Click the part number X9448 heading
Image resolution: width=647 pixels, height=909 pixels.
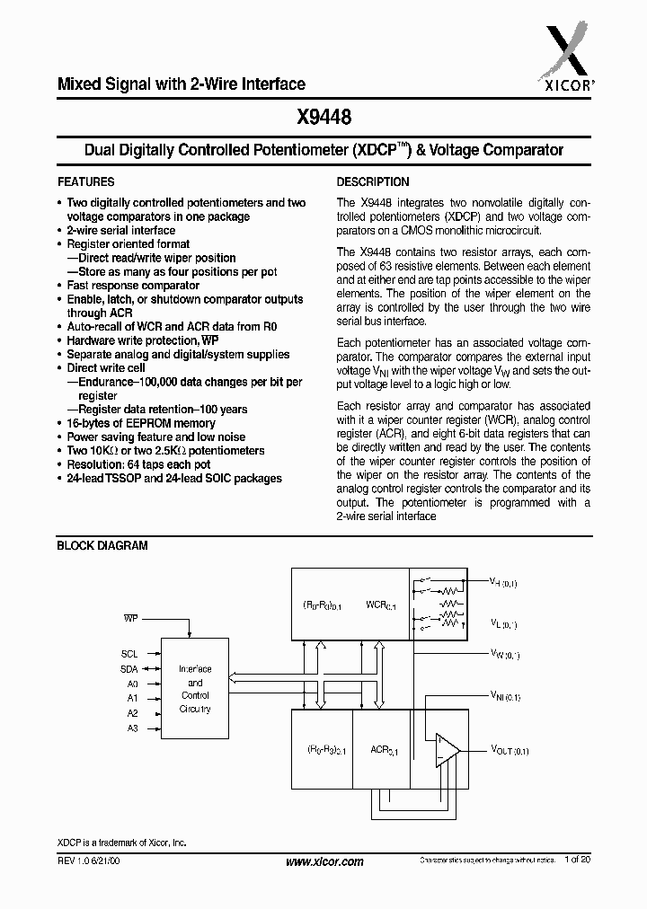(x=323, y=117)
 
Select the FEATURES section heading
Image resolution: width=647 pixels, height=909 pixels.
(x=85, y=181)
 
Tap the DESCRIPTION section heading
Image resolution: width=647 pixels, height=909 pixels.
(x=373, y=181)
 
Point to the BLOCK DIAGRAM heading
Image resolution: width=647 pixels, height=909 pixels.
(x=102, y=545)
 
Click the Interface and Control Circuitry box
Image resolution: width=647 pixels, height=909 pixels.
(x=195, y=689)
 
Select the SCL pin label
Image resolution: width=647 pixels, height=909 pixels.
(x=130, y=654)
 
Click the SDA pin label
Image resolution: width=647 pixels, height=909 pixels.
(x=130, y=668)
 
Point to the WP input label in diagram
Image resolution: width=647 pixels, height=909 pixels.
(x=131, y=619)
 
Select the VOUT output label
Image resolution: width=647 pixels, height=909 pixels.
(x=510, y=750)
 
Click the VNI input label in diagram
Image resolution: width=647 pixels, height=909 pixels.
(x=505, y=695)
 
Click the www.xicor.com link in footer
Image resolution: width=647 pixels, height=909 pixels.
(x=323, y=861)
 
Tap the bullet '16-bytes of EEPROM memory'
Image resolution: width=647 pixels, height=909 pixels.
(x=141, y=423)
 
